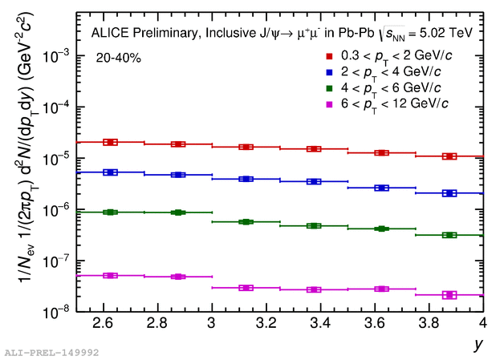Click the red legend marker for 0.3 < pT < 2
(329, 56)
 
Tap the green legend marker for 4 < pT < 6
(329, 87)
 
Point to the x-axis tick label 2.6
(103, 323)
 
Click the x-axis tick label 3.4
(313, 323)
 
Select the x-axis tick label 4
(482, 323)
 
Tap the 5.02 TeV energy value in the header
(445, 34)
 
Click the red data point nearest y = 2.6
(111, 142)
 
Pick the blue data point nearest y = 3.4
(314, 182)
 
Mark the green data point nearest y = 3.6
(382, 229)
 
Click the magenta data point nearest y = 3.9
(449, 295)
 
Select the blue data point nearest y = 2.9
(178, 175)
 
